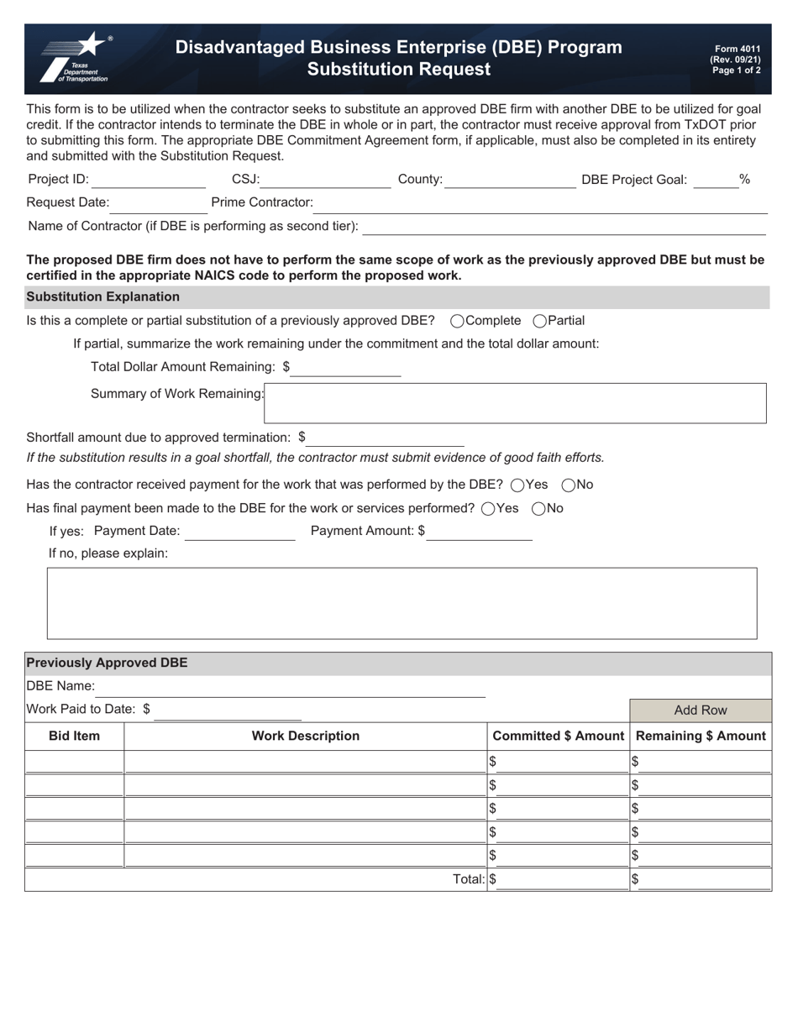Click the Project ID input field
[x=149, y=180]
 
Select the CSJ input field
[x=325, y=180]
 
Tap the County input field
[x=510, y=180]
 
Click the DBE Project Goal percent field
[x=715, y=180]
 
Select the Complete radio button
[x=458, y=321]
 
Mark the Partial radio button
[x=540, y=321]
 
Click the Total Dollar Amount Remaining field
[x=346, y=368]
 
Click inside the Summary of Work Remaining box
[x=515, y=403]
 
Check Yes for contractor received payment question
[x=517, y=485]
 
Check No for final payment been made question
[x=539, y=508]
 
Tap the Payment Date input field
[x=240, y=532]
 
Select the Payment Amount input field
[x=480, y=532]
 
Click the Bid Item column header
[x=75, y=737]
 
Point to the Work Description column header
[x=306, y=737]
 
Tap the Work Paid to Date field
[x=228, y=711]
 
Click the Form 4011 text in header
[x=737, y=50]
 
